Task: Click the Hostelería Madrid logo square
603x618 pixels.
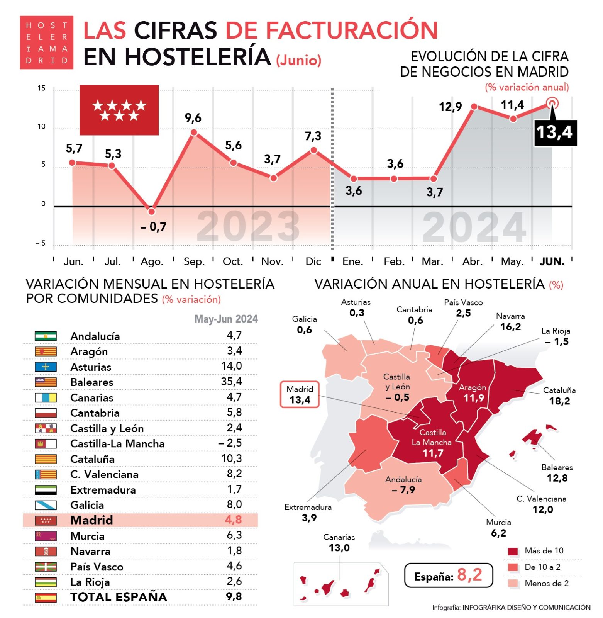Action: [46, 42]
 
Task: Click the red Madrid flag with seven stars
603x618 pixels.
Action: [119, 110]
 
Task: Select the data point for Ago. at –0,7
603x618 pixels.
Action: [152, 211]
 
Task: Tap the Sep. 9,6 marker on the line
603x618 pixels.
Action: [194, 132]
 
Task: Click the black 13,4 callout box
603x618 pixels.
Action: [555, 132]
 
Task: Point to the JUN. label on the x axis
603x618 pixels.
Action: [552, 261]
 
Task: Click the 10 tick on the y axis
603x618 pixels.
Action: [41, 127]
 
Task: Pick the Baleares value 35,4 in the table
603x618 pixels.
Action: [231, 381]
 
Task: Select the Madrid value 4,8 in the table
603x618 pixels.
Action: [233, 520]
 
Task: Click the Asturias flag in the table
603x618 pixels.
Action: [46, 367]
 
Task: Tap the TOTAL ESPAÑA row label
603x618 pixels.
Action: [119, 597]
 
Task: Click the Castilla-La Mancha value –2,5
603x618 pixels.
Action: [230, 443]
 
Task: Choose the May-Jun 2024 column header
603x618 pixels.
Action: [226, 319]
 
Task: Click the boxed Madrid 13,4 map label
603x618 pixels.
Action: [300, 395]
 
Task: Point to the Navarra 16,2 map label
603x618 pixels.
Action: [510, 322]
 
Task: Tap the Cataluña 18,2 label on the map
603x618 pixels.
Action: [559, 396]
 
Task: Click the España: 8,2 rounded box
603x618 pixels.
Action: [448, 575]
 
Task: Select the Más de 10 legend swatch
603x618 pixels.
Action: [513, 551]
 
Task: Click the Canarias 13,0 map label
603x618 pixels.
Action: [339, 543]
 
